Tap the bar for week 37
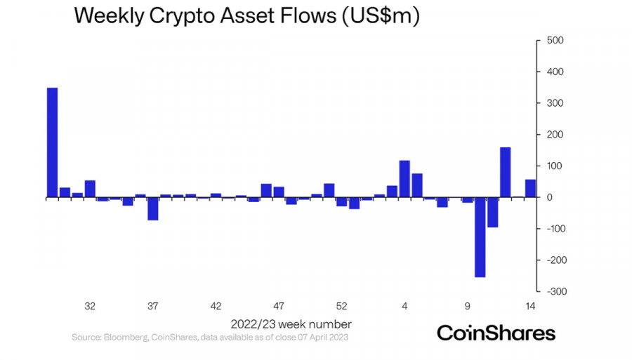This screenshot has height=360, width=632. click(153, 208)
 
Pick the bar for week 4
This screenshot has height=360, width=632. click(404, 179)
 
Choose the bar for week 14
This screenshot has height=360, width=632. click(530, 189)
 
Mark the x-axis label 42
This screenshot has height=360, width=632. click(216, 306)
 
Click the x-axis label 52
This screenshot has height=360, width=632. click(341, 306)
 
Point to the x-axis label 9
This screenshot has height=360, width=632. click(467, 306)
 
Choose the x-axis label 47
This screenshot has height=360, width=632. click(279, 306)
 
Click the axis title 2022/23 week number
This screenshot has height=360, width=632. click(291, 324)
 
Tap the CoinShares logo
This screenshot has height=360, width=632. click(496, 333)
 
